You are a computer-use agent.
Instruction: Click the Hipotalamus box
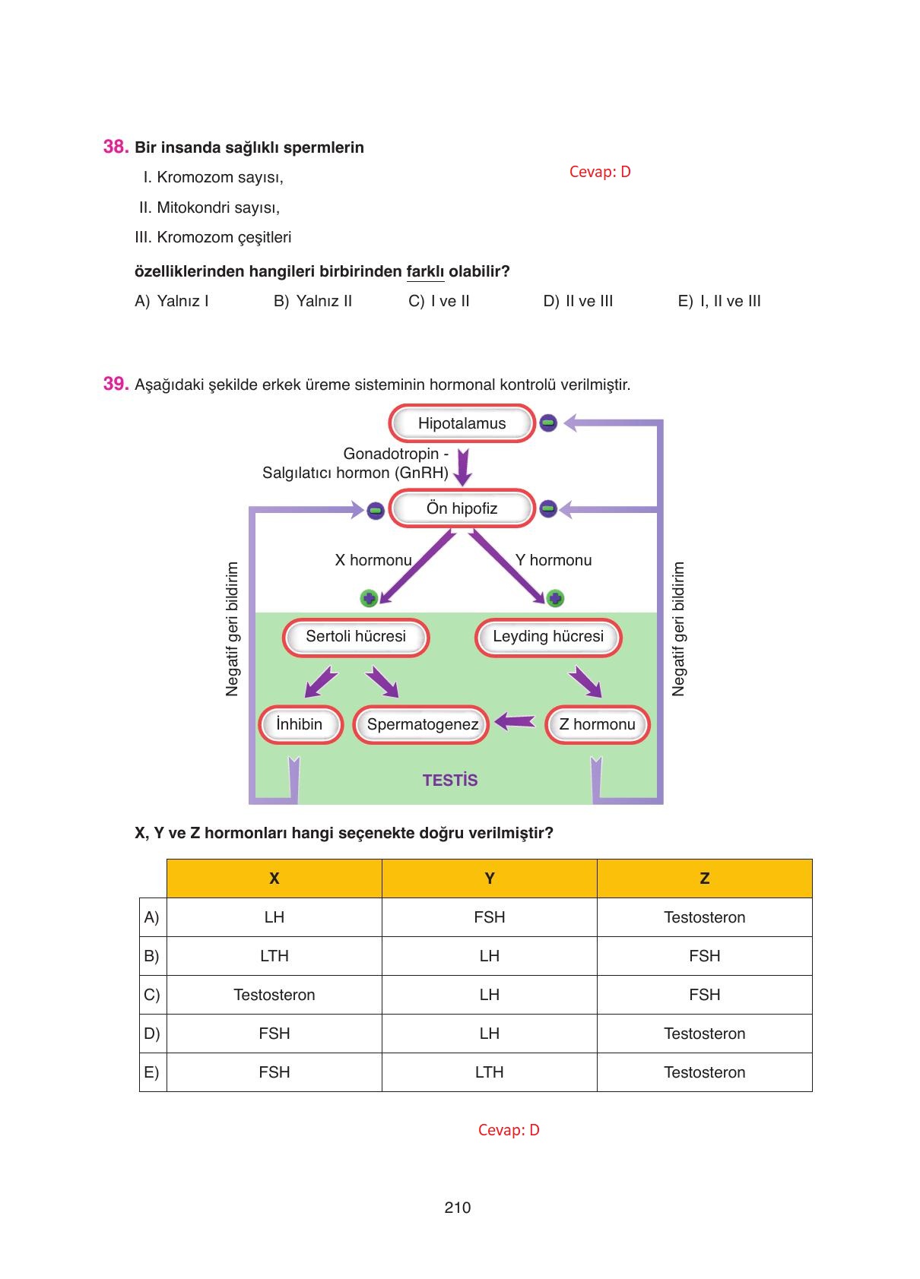pyautogui.click(x=462, y=423)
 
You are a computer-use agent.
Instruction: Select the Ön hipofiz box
pyautogui.click(x=462, y=508)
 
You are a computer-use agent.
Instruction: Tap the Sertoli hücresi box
pyautogui.click(x=356, y=637)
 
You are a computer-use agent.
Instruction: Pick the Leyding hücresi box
pyautogui.click(x=548, y=637)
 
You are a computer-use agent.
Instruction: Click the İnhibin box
pyautogui.click(x=300, y=724)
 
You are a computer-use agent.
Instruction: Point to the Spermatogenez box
pyautogui.click(x=423, y=724)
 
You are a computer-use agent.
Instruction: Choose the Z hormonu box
pyautogui.click(x=597, y=724)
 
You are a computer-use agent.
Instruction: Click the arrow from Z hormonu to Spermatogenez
pyautogui.click(x=516, y=720)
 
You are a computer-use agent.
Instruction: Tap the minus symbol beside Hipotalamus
pyautogui.click(x=548, y=423)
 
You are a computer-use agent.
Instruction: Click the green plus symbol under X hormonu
pyautogui.click(x=369, y=599)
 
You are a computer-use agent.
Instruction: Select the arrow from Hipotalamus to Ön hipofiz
pyautogui.click(x=462, y=467)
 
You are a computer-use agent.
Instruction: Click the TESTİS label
pyautogui.click(x=450, y=780)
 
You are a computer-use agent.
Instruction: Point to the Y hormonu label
pyautogui.click(x=554, y=560)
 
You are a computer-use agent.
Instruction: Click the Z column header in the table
pyautogui.click(x=704, y=879)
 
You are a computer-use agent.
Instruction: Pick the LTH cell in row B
pyautogui.click(x=274, y=956)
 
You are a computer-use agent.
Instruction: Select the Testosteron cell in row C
pyautogui.click(x=274, y=995)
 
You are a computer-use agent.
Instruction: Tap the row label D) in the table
pyautogui.click(x=152, y=1034)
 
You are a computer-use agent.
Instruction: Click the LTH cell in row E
pyautogui.click(x=489, y=1072)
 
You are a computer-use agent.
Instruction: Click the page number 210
pyautogui.click(x=458, y=1208)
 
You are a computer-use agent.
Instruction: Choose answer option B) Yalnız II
pyautogui.click(x=313, y=301)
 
